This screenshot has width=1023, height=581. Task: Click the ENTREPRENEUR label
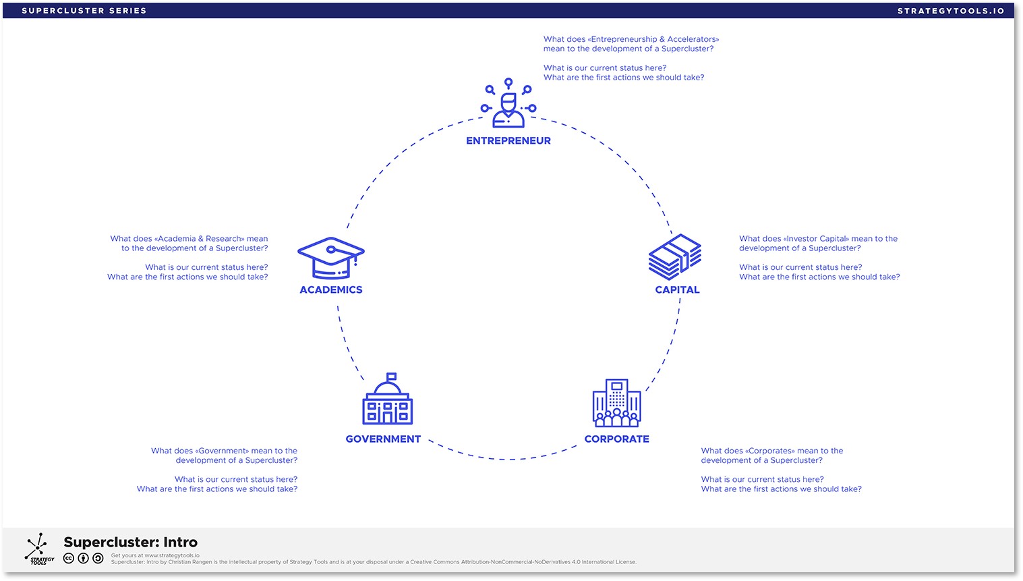[508, 141]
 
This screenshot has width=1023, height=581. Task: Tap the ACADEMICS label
[331, 290]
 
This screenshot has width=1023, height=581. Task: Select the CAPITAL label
[677, 290]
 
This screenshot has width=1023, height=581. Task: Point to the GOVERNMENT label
[383, 439]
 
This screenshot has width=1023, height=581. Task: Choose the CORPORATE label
[616, 439]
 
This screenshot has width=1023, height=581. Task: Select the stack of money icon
[675, 257]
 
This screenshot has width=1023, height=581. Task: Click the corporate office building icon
[616, 403]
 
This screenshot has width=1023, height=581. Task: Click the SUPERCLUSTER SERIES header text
[84, 11]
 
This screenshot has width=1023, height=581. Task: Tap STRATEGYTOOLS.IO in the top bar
[951, 11]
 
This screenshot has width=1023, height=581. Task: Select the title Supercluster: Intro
[130, 543]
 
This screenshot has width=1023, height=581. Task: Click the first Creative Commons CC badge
[69, 559]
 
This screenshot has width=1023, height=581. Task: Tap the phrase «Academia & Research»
[199, 239]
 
